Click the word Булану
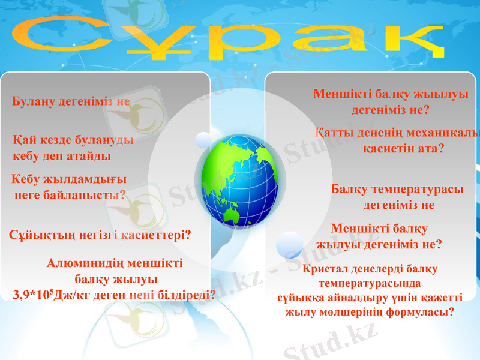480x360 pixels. tap(34, 101)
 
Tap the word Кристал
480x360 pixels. tap(324, 269)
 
